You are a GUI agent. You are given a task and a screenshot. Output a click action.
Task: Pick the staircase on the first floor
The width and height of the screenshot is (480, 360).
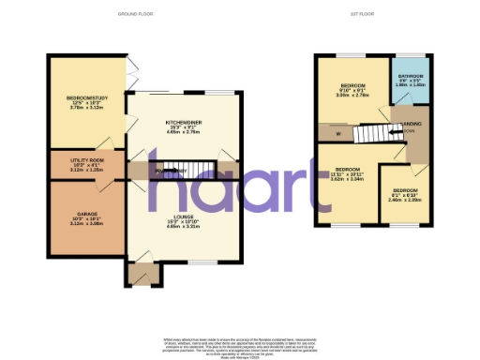pyautogui.click(x=372, y=133)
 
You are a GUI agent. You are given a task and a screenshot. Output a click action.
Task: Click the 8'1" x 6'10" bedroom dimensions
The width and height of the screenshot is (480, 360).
pyautogui.click(x=406, y=196)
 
